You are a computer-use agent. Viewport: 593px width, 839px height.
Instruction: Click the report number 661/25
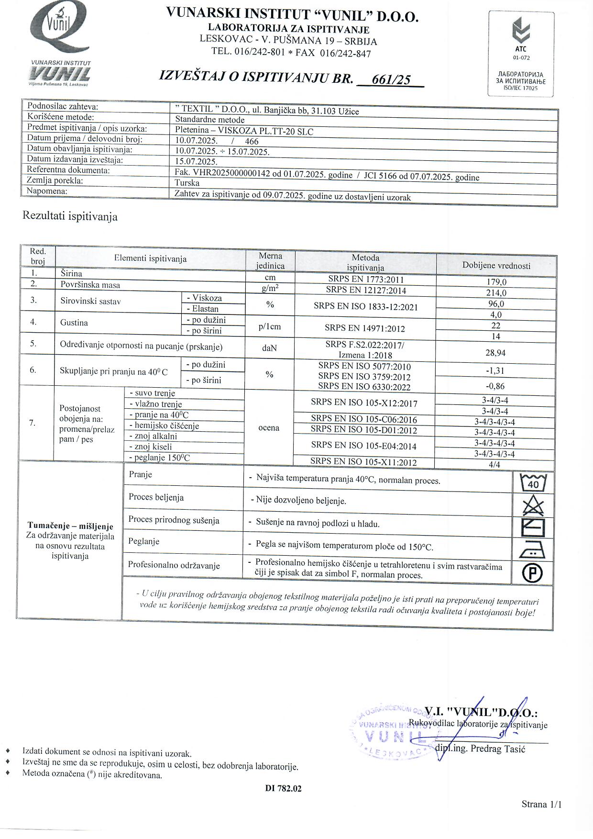(x=391, y=79)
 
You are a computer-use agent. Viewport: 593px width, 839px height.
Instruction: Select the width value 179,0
(x=496, y=282)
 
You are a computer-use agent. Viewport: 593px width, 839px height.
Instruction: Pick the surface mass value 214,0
(x=496, y=293)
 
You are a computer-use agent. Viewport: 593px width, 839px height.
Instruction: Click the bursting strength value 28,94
(x=495, y=353)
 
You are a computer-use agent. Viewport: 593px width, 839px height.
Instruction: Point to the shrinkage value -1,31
(x=495, y=371)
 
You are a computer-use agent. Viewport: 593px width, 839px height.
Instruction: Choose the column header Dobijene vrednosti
(x=496, y=266)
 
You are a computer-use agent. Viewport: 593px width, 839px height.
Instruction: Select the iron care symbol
(x=532, y=549)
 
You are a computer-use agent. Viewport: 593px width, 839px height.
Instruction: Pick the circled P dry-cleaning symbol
(x=532, y=573)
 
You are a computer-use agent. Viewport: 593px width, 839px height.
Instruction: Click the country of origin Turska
(x=187, y=183)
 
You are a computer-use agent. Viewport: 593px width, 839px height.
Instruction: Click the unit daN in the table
(x=269, y=348)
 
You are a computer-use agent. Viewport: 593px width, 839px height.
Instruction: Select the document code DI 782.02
(x=283, y=789)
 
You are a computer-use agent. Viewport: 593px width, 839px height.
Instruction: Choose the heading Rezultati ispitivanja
(x=70, y=216)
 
